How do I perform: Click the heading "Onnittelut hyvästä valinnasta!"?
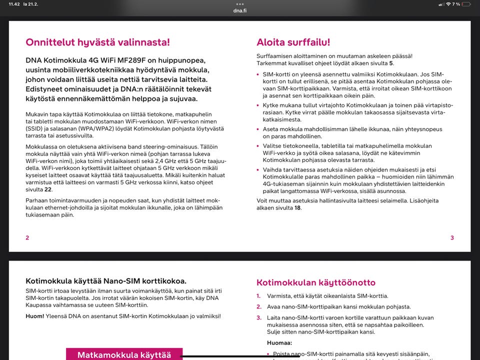[97, 42]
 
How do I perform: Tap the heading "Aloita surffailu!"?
[293, 42]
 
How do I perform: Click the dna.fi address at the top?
[240, 10]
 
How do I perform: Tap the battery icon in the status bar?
[466, 4]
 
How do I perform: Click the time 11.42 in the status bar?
[14, 4]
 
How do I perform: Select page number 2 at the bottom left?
[27, 237]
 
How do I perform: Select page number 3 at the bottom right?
[452, 237]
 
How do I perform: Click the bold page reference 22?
[48, 189]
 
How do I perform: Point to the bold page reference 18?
[297, 207]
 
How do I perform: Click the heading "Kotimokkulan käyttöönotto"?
[315, 282]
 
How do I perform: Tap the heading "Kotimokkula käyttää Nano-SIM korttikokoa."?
[106, 281]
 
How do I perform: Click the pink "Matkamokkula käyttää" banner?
[124, 354]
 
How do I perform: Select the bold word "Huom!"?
[34, 316]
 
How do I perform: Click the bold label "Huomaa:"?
[279, 343]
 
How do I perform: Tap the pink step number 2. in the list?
[259, 306]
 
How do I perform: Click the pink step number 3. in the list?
[259, 317]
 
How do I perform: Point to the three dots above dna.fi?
[240, 4]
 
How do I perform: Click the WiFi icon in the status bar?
[448, 4]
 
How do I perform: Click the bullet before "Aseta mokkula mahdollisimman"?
[258, 129]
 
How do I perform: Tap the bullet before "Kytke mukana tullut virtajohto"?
[258, 105]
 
